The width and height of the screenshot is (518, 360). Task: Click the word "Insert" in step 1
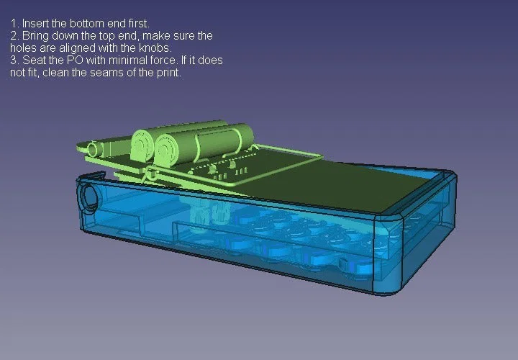(x=33, y=23)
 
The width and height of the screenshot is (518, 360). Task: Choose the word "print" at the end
(x=167, y=72)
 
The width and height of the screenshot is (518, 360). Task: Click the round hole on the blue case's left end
(x=90, y=197)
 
